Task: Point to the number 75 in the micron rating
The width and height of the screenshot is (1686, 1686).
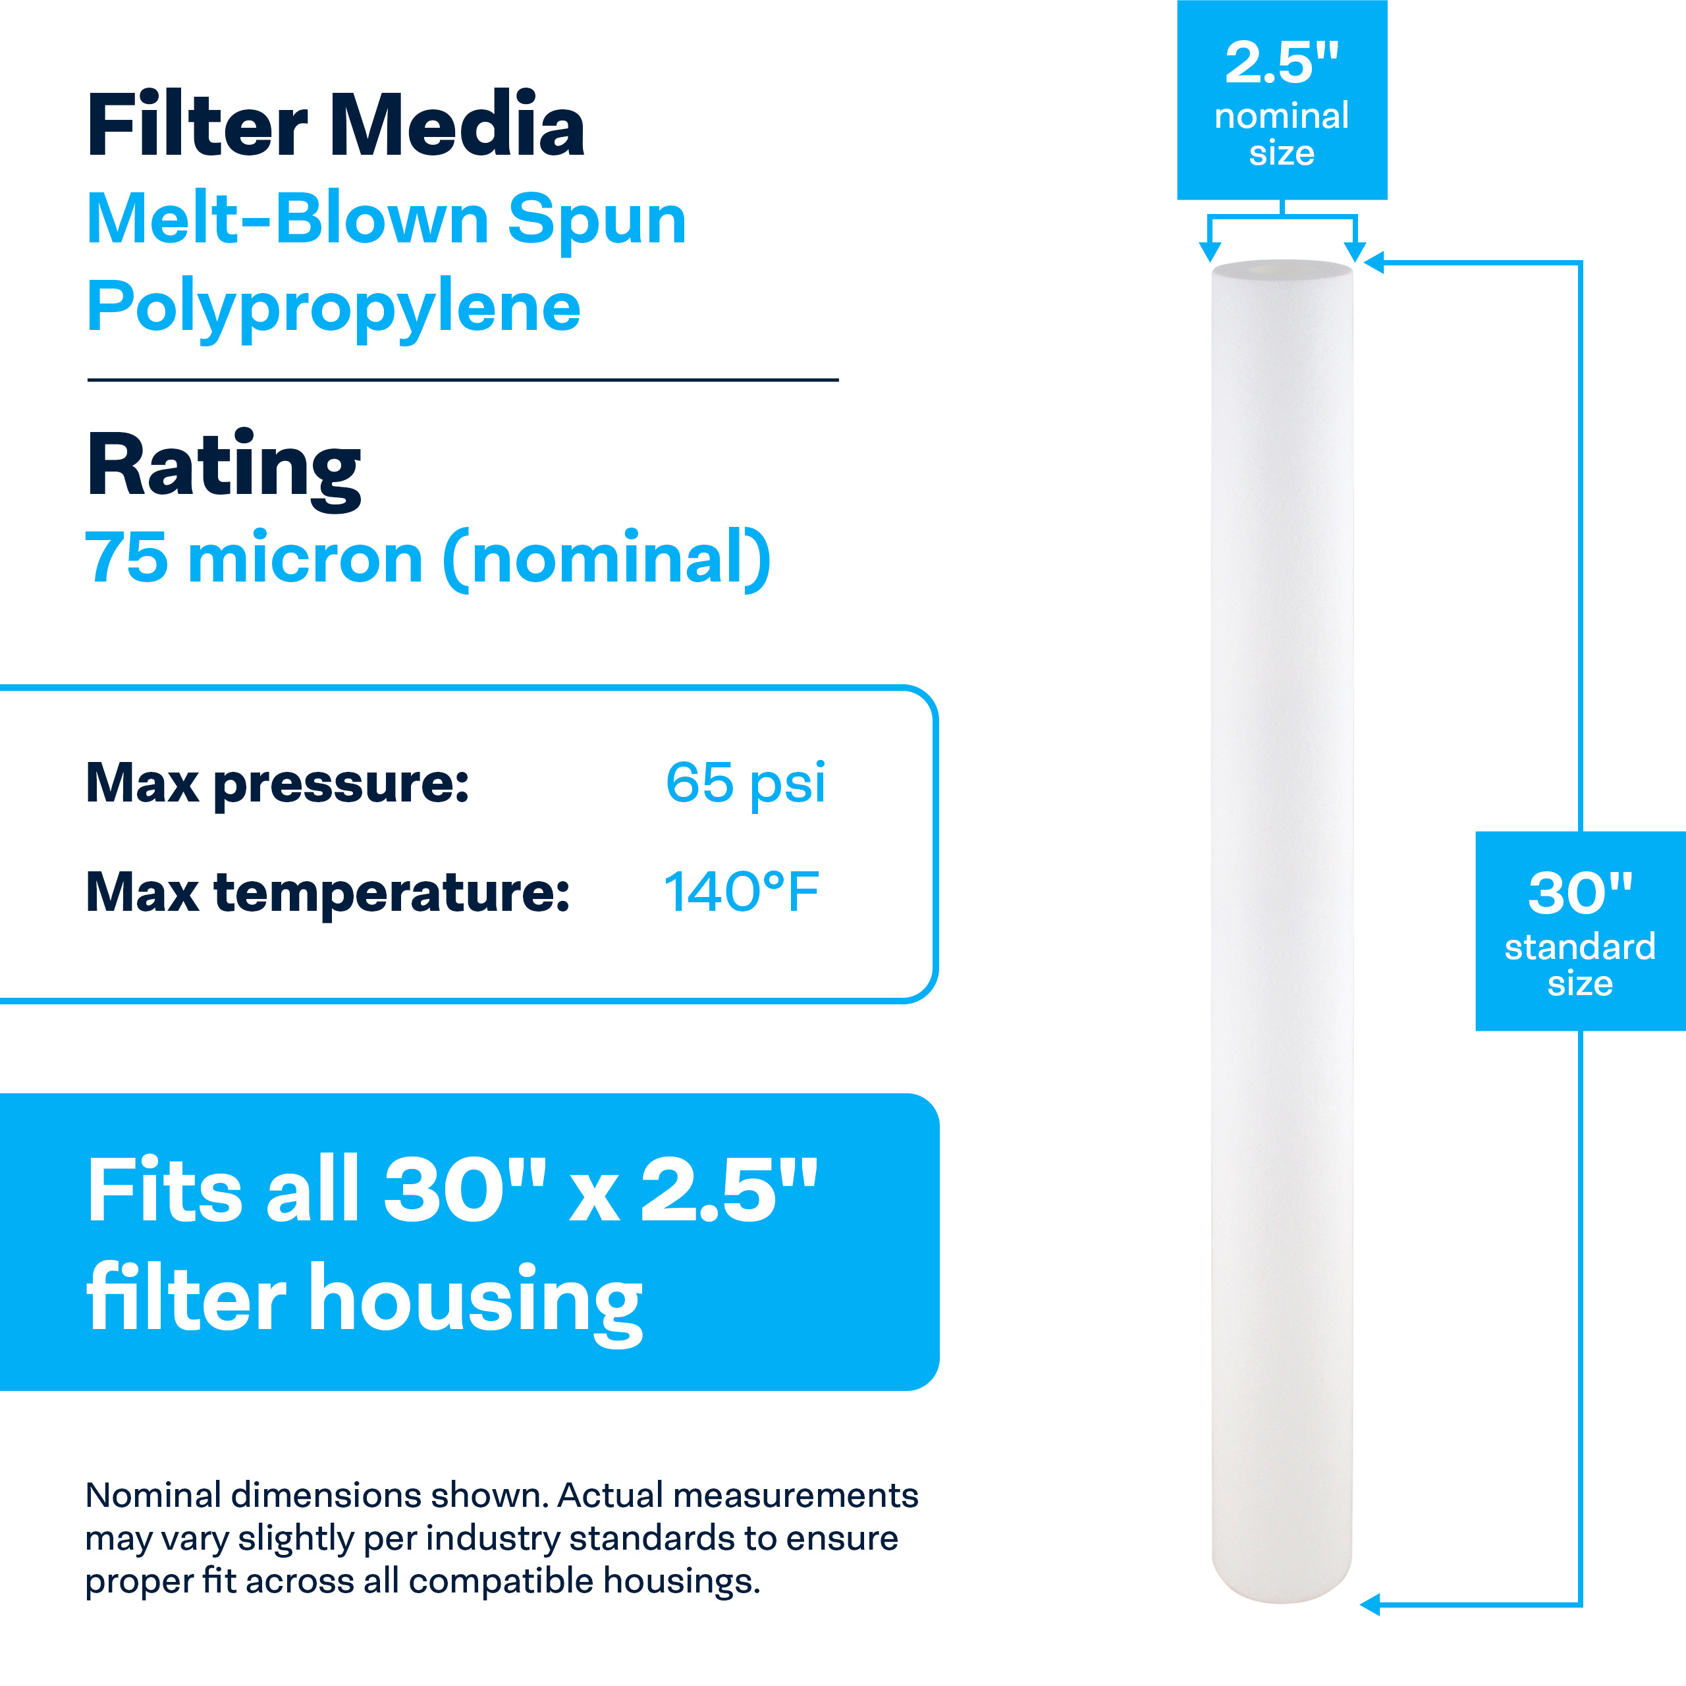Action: click(126, 558)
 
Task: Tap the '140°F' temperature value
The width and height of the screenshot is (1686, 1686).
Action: click(741, 892)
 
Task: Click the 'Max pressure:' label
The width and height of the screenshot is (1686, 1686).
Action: click(277, 784)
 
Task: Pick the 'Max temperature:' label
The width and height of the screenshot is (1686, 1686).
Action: click(327, 893)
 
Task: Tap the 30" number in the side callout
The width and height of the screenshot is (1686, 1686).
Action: click(1579, 893)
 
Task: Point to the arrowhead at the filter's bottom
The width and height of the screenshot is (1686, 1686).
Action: click(1370, 1604)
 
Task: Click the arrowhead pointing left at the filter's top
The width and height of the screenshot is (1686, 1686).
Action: click(1374, 262)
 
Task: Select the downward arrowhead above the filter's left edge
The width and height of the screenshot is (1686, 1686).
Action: click(1210, 252)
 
